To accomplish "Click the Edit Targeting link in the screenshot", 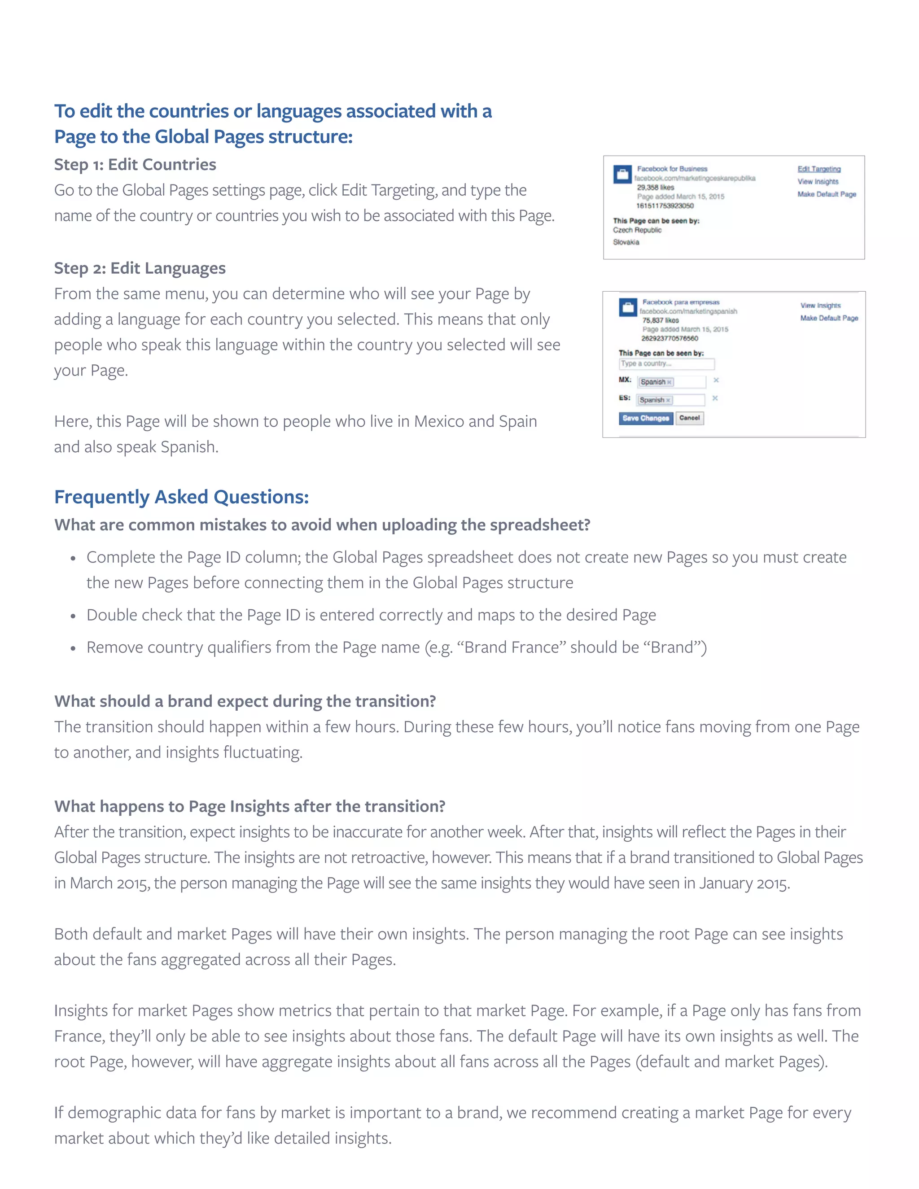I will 819,169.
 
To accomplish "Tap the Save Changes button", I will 646,418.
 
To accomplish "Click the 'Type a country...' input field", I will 666,364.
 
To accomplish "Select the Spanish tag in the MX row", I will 656,382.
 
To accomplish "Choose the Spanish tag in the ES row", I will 654,400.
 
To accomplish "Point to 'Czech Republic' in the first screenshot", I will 637,230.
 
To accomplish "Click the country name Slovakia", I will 626,242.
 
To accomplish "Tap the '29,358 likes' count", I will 656,187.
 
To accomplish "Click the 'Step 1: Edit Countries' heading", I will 135,164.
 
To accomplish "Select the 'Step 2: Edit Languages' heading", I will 140,268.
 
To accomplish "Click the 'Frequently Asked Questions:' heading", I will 181,497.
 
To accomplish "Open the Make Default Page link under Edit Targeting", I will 827,194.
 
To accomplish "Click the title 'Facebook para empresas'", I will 681,302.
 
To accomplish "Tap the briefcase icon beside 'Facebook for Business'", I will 622,174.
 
